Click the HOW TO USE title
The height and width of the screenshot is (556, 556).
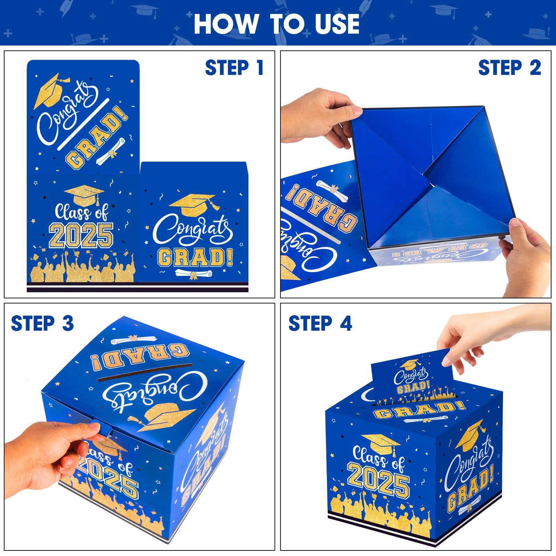277,24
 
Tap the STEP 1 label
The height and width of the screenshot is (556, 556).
234,68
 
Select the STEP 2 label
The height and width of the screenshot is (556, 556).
509,68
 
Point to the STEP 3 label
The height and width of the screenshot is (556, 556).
42,324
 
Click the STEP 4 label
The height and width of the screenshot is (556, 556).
320,324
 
